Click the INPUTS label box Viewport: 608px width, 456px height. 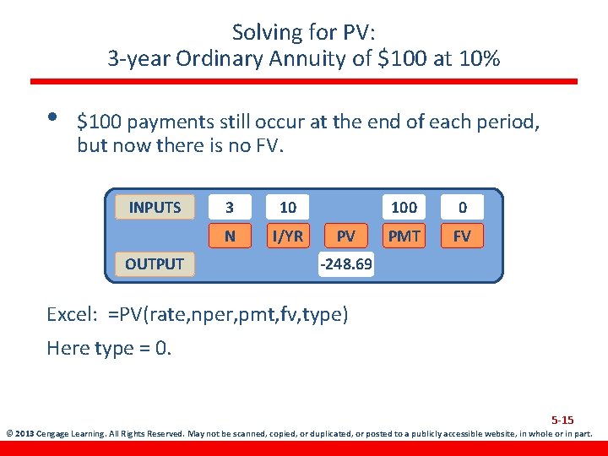point(155,207)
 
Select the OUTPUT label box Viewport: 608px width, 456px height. point(155,263)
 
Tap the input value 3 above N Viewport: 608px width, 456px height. point(231,207)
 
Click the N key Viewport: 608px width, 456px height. point(231,236)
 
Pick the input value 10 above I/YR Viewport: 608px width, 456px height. point(288,207)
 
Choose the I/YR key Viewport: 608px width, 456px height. point(288,236)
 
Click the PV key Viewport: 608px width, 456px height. point(345,236)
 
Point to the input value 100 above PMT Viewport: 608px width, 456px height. point(404,207)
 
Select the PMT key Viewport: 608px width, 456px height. point(404,236)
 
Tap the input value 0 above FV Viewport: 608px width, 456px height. point(462,207)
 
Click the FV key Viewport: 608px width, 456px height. point(462,236)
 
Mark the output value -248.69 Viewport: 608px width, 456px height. point(345,264)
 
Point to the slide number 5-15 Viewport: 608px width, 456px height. point(562,420)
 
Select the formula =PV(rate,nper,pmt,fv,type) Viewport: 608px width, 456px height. point(227,315)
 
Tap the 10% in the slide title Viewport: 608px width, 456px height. point(479,58)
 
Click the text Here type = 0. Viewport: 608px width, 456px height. point(109,348)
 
